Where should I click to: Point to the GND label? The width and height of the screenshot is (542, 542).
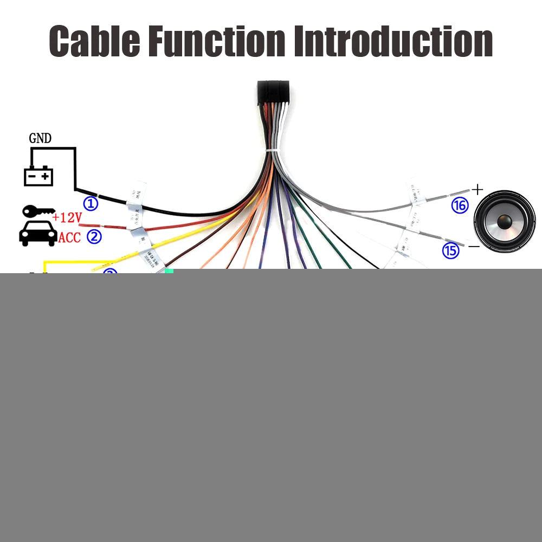(x=40, y=139)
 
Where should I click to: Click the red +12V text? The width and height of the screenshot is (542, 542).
(x=67, y=218)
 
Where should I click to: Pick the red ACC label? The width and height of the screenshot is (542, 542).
(x=69, y=237)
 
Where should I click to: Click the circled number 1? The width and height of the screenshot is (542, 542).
(x=91, y=204)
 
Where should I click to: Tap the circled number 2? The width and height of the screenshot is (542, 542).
(x=94, y=237)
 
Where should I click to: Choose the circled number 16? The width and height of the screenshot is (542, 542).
(x=460, y=205)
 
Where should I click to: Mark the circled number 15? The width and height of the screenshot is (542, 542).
(x=450, y=250)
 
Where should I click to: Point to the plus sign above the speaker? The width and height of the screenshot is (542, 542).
(x=477, y=190)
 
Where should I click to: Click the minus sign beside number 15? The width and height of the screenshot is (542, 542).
(x=474, y=246)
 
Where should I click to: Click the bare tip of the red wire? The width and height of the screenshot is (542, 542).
(x=88, y=222)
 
